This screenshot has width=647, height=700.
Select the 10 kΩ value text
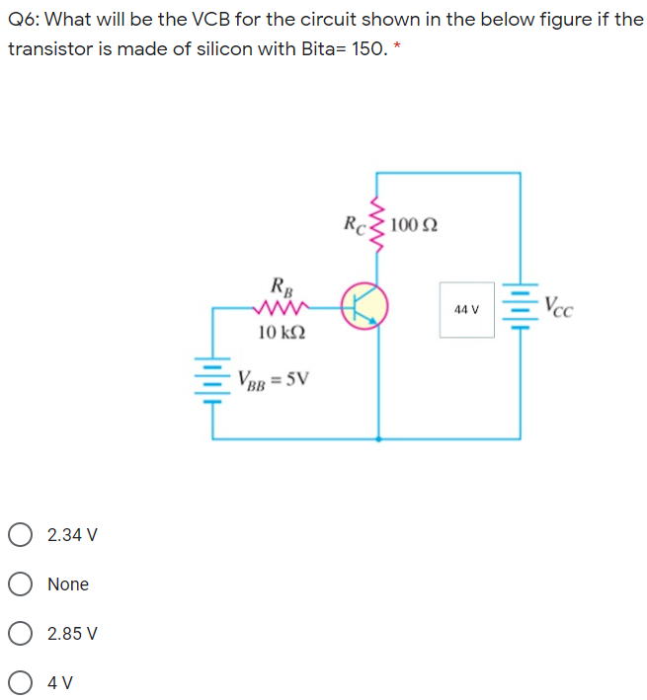click(x=282, y=332)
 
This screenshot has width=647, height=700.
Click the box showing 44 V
click(x=467, y=309)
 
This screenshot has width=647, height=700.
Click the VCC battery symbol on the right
click(x=520, y=307)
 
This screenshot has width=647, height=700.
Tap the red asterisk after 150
click(x=396, y=48)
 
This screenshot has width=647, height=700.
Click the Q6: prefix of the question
click(x=26, y=19)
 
